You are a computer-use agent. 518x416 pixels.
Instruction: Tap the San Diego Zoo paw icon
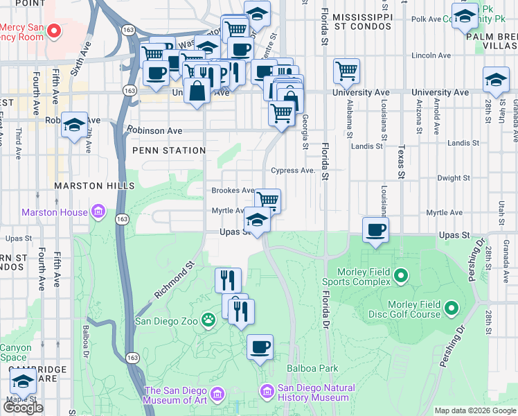(x=208, y=320)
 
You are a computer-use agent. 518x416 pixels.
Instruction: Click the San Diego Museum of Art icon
(x=217, y=395)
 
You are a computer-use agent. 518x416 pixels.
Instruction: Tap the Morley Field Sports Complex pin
(x=400, y=277)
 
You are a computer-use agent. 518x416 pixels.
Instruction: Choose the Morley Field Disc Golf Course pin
(x=452, y=307)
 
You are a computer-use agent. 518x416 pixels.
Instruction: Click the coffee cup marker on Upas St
(x=375, y=229)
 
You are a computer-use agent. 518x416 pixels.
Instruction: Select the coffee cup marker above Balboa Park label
(x=260, y=347)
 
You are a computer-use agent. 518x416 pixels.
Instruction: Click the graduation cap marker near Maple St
(x=24, y=381)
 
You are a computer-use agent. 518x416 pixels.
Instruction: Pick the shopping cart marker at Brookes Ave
(x=267, y=201)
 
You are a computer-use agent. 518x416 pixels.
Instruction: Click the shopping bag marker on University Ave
(x=197, y=91)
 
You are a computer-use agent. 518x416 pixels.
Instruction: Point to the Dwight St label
(x=454, y=178)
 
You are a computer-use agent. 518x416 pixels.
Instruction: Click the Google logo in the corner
(x=23, y=408)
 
